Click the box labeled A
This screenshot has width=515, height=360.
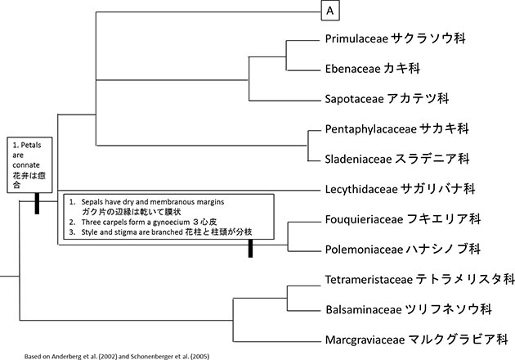329,11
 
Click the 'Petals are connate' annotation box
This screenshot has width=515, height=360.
26,164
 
